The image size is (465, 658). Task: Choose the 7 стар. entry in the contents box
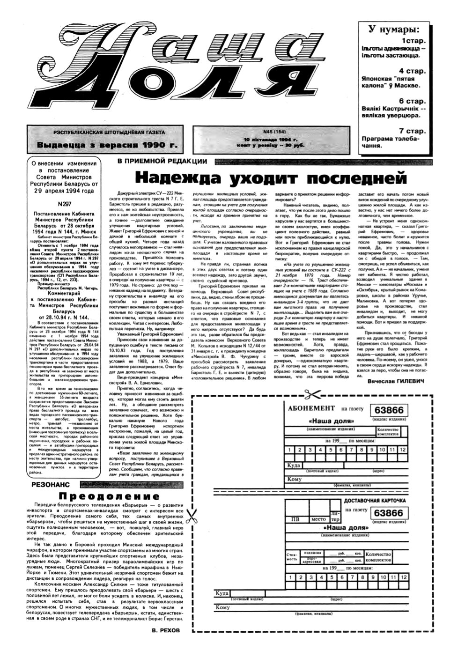click(412, 131)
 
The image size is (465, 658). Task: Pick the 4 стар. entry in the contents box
click(412, 71)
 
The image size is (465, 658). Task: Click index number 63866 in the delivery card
click(389, 513)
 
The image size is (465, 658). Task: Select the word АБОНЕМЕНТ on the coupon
click(312, 408)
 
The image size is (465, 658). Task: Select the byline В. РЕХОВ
click(166, 630)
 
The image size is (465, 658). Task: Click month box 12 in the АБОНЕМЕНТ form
click(402, 450)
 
